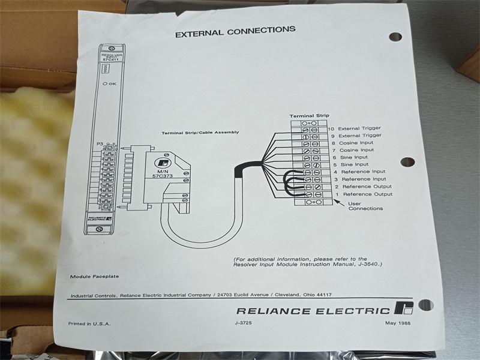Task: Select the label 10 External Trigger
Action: point(361,128)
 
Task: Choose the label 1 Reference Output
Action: point(364,194)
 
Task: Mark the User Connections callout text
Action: point(365,206)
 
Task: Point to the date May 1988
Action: point(398,324)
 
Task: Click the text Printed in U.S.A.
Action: point(89,324)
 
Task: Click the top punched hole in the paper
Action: point(395,37)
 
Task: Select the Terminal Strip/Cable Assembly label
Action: point(200,132)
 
